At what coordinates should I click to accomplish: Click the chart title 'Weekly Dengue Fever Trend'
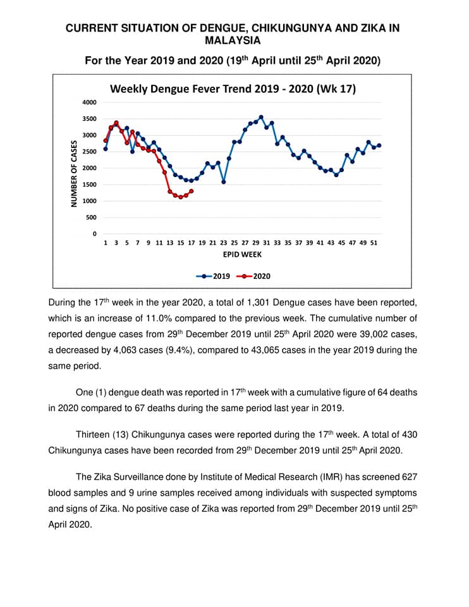point(194,89)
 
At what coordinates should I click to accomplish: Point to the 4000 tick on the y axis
point(89,102)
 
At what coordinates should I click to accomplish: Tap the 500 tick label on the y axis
point(91,217)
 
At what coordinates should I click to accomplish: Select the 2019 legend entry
point(213,276)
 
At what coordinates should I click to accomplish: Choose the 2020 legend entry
point(253,276)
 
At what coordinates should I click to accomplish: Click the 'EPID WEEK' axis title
point(242,254)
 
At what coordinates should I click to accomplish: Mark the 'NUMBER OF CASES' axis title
point(74,173)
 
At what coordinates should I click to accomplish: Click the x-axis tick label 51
point(374,243)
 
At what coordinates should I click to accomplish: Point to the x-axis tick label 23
point(223,243)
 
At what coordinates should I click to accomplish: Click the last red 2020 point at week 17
point(191,191)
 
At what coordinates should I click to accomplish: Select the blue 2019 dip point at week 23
point(224,182)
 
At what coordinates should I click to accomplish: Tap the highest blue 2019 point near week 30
point(261,117)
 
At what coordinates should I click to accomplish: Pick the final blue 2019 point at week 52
point(379,145)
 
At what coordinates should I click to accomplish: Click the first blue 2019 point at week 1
point(106,149)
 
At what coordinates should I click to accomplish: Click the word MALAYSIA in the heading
point(233,40)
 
